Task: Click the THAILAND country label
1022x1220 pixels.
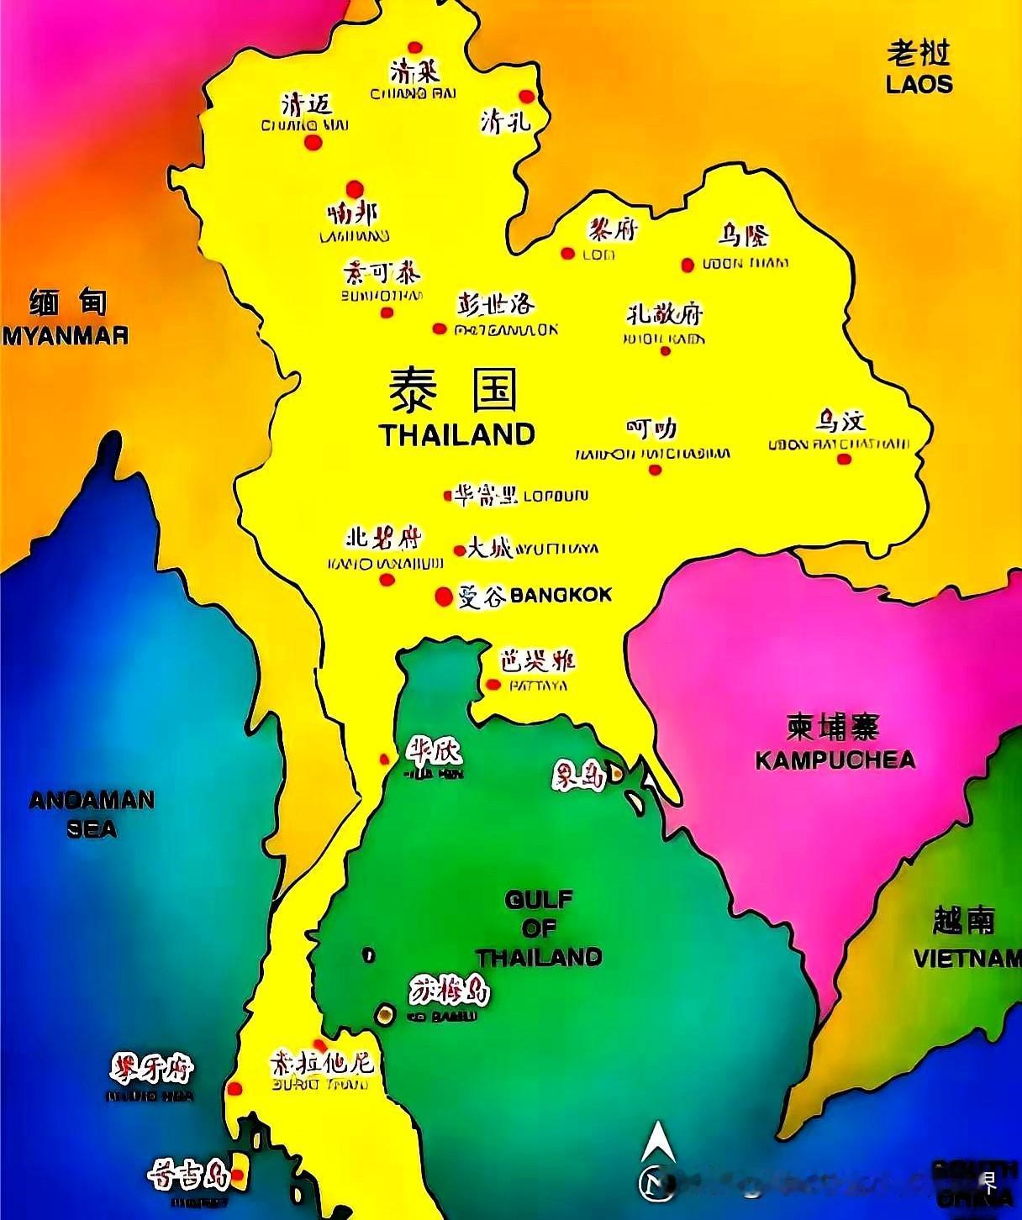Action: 457,434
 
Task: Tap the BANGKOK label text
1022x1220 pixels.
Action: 561,595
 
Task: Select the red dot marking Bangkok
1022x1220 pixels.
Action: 444,596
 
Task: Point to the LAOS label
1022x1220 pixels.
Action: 919,84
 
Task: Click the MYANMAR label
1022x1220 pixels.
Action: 66,335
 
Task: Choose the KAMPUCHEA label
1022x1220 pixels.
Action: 835,760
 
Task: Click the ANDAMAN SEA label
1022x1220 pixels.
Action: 92,813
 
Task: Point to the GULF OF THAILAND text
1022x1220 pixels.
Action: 539,928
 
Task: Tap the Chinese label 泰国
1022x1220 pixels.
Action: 453,389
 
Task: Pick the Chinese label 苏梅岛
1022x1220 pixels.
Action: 450,991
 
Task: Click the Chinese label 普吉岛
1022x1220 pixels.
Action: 188,1175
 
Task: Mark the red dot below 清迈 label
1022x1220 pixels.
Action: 313,143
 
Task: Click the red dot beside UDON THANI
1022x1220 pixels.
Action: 687,265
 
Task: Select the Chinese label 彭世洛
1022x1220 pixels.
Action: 496,303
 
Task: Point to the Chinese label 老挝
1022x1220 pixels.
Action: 919,54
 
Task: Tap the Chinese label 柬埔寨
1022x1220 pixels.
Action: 833,727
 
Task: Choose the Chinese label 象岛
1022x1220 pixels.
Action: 579,777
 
